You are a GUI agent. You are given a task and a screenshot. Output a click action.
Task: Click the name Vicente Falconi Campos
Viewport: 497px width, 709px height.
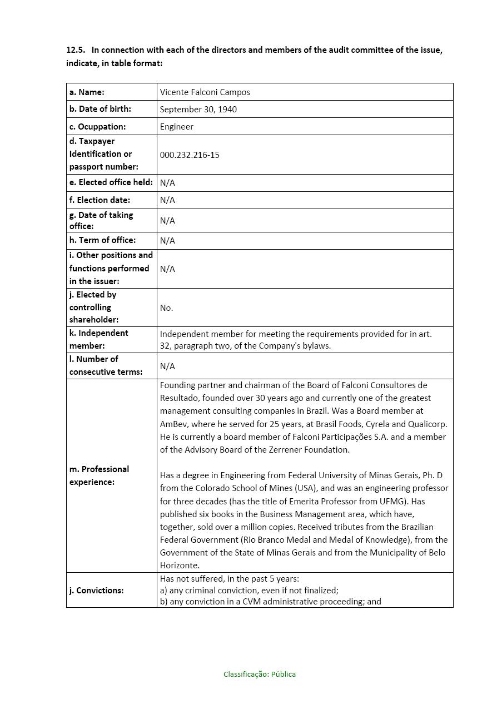click(x=205, y=92)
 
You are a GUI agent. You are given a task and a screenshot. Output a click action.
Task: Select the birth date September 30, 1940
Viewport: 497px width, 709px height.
click(x=198, y=110)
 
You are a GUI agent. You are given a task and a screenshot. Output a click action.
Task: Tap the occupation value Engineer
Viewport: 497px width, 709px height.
click(x=176, y=127)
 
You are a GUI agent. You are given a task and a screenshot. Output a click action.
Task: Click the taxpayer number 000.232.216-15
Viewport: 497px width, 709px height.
click(x=189, y=155)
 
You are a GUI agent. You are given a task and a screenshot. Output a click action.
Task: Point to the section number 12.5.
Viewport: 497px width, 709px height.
click(x=75, y=50)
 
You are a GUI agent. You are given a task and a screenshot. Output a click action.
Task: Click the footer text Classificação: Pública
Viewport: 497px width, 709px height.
click(x=260, y=675)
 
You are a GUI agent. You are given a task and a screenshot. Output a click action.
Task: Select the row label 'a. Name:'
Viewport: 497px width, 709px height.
click(x=87, y=92)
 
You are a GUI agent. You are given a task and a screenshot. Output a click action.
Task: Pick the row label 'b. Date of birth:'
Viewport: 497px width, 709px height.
click(x=100, y=109)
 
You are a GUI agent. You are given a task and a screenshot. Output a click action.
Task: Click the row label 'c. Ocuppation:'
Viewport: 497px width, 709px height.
click(x=97, y=127)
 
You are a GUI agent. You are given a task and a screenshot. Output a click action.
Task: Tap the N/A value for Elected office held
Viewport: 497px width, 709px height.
click(x=167, y=183)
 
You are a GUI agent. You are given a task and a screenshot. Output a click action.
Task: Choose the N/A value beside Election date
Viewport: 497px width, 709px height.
click(x=167, y=200)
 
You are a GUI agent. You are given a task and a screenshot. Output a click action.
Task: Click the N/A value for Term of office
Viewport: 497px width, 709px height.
click(x=167, y=241)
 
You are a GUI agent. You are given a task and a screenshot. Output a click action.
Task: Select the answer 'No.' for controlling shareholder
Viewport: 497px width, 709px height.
click(x=166, y=308)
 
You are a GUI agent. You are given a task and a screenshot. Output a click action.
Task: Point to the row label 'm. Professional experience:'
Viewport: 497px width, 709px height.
click(x=99, y=475)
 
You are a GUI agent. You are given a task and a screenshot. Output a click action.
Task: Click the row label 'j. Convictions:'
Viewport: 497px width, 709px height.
click(x=96, y=591)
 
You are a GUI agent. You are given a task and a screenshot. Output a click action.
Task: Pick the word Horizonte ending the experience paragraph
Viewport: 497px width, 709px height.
click(x=178, y=566)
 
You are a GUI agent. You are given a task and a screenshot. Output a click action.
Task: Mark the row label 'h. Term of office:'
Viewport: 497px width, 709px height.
click(x=102, y=240)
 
